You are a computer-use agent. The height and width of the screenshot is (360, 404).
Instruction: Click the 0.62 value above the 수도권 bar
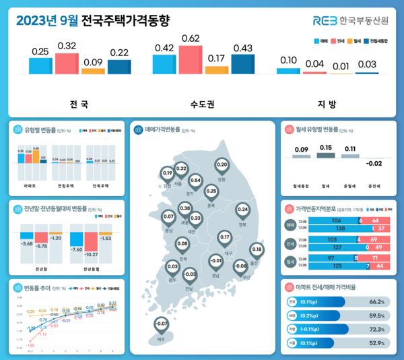click(190, 38)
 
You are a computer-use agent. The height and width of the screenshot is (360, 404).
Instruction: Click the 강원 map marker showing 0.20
click(222, 164)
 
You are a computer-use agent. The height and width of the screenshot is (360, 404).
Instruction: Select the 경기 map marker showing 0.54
click(196, 181)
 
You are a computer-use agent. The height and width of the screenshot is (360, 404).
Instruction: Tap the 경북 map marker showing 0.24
click(242, 210)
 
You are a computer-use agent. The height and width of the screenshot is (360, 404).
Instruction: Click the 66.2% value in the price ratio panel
click(376, 302)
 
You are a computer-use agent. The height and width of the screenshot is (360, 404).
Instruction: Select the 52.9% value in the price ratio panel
click(376, 342)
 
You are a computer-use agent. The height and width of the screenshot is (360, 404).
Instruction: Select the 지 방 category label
click(327, 104)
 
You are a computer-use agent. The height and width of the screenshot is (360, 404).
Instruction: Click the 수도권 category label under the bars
click(203, 104)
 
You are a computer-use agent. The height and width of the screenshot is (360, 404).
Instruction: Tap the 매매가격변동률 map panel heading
click(162, 130)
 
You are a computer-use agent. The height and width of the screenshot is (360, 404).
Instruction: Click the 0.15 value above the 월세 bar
click(325, 148)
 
